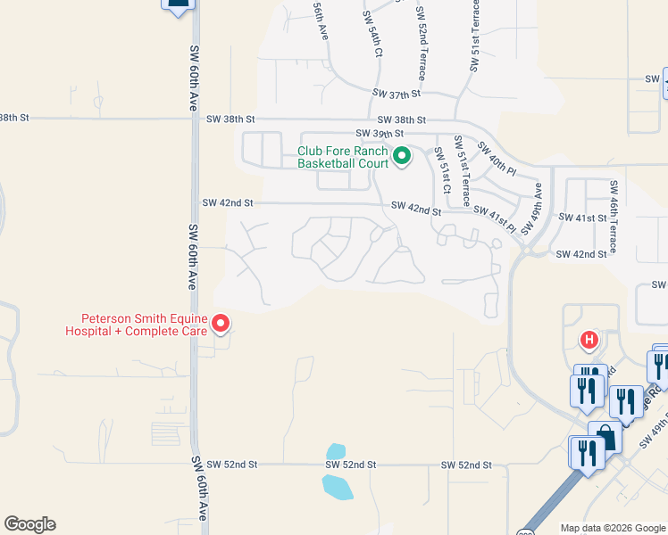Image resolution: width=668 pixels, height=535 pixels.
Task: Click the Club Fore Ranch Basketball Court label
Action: [x=343, y=157]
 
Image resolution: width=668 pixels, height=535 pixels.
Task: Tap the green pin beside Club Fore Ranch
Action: [x=402, y=157]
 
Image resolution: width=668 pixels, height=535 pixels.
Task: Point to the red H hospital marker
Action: [x=589, y=340]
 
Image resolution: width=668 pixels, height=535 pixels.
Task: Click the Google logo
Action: [x=29, y=524]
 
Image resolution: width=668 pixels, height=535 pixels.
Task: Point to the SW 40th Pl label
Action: [x=497, y=158]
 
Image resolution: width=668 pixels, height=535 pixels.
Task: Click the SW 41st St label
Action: [x=583, y=218]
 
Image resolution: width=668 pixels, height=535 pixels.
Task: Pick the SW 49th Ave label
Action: [x=533, y=208]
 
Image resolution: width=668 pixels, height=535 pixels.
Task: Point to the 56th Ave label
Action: [x=321, y=20]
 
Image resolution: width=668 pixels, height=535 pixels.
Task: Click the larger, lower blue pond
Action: [x=338, y=487]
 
